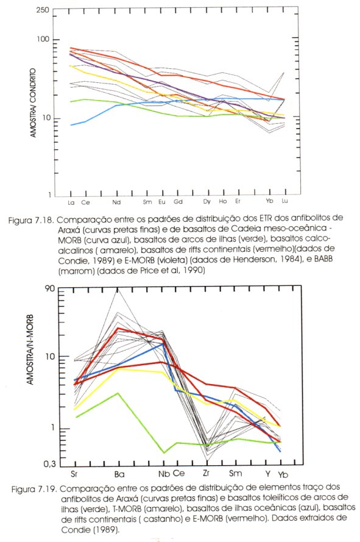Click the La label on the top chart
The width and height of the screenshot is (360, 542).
pyautogui.click(x=71, y=202)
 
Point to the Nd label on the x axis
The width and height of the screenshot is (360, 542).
pyautogui.click(x=116, y=202)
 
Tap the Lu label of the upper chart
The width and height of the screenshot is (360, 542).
pyautogui.click(x=284, y=201)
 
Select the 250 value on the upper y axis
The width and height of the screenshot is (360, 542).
pyautogui.click(x=43, y=10)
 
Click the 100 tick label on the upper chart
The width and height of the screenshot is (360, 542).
pyautogui.click(x=43, y=39)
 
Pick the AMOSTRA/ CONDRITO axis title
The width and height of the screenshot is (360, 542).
pyautogui.click(x=33, y=103)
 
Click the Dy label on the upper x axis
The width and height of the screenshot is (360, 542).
pyautogui.click(x=206, y=202)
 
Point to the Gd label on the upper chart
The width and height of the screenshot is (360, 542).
pyautogui.click(x=178, y=202)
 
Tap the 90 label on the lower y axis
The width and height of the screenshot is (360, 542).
pyautogui.click(x=50, y=288)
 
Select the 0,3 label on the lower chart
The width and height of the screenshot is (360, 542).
pyautogui.click(x=49, y=464)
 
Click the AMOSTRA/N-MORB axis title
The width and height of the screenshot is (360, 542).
pyautogui.click(x=30, y=349)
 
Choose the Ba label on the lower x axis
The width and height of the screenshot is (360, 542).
pyautogui.click(x=119, y=474)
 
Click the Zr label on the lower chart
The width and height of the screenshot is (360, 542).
pyautogui.click(x=206, y=472)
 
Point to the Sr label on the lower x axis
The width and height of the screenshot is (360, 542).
pyautogui.click(x=74, y=474)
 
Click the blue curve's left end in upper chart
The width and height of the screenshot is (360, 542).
pyautogui.click(x=71, y=125)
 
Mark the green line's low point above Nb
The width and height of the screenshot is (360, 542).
pyautogui.click(x=164, y=452)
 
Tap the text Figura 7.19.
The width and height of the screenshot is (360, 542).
pyautogui.click(x=34, y=490)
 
